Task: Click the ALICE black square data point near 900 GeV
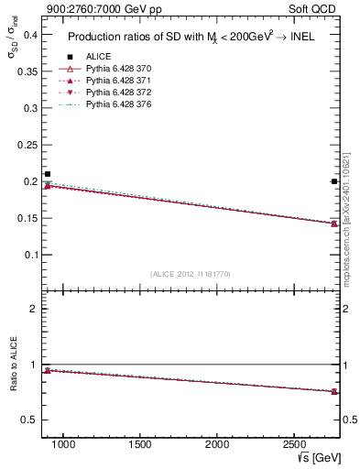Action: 48,174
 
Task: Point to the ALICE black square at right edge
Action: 334,181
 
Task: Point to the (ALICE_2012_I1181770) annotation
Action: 191,274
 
